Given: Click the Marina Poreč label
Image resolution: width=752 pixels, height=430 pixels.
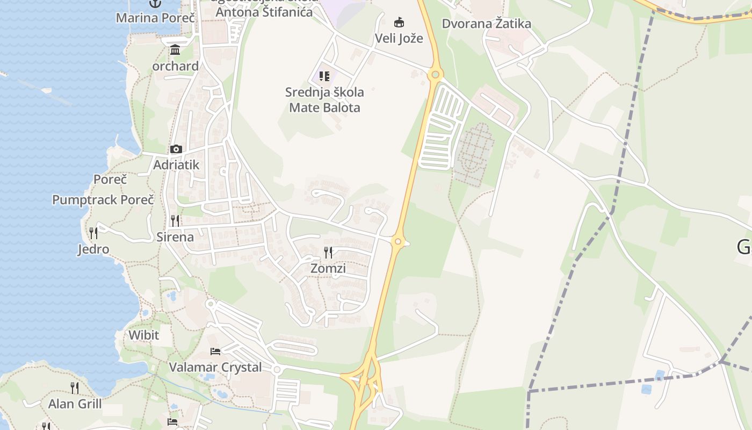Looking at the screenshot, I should pos(155,18).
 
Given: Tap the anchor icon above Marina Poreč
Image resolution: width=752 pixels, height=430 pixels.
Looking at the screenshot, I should pos(155,4).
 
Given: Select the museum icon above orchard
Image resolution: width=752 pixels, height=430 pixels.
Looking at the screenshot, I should pos(175,51).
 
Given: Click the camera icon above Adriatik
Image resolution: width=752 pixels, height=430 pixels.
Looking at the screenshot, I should pos(176,149).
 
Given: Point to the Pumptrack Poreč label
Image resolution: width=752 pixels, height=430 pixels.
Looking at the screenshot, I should pos(103,200).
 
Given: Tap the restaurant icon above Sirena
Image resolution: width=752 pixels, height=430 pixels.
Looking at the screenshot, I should pos(175,220).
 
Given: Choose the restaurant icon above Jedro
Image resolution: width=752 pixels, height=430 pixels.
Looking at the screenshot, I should pos(93,233).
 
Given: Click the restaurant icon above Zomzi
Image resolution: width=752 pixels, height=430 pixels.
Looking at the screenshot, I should pos(328,252).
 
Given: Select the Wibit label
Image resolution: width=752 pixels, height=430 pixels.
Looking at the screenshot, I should pos(144,335).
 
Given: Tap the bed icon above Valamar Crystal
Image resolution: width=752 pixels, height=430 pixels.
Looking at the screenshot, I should pos(215,352).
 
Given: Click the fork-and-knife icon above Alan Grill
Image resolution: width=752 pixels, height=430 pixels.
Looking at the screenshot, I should pos(75,388).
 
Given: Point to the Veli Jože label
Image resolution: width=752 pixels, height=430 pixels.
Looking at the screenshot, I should pos(399,38).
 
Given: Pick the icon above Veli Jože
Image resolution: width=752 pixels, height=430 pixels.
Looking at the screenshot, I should pos(399,23).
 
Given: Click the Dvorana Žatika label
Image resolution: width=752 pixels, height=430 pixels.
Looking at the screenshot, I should pos(487,24).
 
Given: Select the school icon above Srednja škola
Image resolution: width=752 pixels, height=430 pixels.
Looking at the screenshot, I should pos(324,76).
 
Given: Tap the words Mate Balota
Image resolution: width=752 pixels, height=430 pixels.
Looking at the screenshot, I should pos(324,107).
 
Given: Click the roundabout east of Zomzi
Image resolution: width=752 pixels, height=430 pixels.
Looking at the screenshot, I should pos(398,241).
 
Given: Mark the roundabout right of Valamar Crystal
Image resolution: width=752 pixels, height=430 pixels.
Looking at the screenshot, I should pos(277,370).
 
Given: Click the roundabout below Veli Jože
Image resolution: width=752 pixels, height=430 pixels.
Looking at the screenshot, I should pos(435,75).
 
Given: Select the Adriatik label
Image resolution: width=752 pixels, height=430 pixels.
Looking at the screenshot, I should pos(176,165).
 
